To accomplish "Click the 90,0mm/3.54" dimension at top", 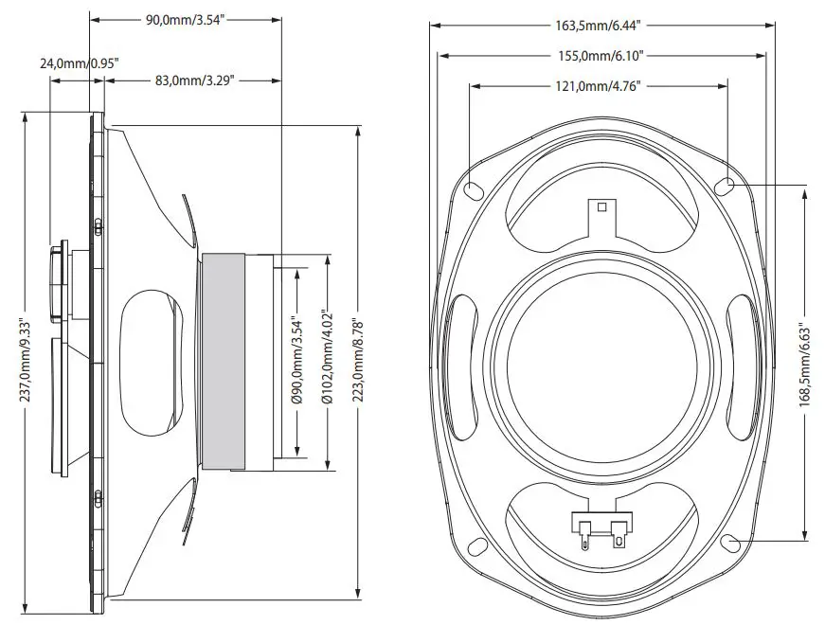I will coord(188,21).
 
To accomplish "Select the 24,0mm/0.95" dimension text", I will coord(80,63).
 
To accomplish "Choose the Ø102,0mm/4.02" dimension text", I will coord(327,359).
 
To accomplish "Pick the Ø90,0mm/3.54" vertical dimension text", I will coord(296,361).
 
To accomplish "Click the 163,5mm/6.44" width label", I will coord(601,27).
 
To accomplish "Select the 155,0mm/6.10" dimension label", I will coord(601,56).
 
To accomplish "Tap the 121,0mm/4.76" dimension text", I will coord(598,86).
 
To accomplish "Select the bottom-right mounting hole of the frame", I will coord(729,543).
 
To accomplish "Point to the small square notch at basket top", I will coord(600,205).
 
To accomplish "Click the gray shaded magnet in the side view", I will coord(224,361).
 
